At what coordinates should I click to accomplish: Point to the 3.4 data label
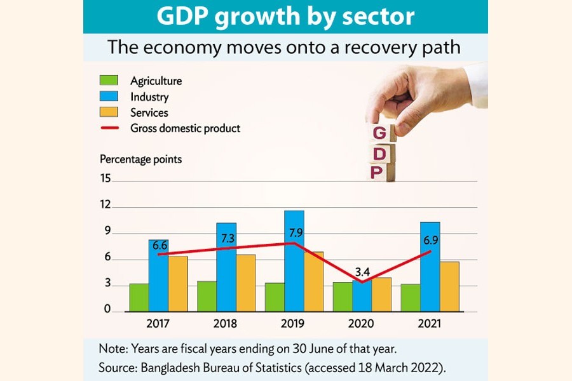[x=362, y=272]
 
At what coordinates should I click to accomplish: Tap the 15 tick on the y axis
[x=106, y=179]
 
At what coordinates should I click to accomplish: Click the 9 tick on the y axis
[x=107, y=232]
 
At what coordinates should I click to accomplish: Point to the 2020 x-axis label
[x=362, y=324]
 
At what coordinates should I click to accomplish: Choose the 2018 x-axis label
[x=226, y=324]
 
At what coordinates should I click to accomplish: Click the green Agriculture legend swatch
[x=109, y=81]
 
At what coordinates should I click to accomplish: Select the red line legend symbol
[x=109, y=128]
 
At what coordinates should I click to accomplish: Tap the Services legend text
[x=149, y=112]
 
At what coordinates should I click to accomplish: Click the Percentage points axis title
[x=140, y=159]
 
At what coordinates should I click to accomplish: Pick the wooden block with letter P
[x=379, y=172]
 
